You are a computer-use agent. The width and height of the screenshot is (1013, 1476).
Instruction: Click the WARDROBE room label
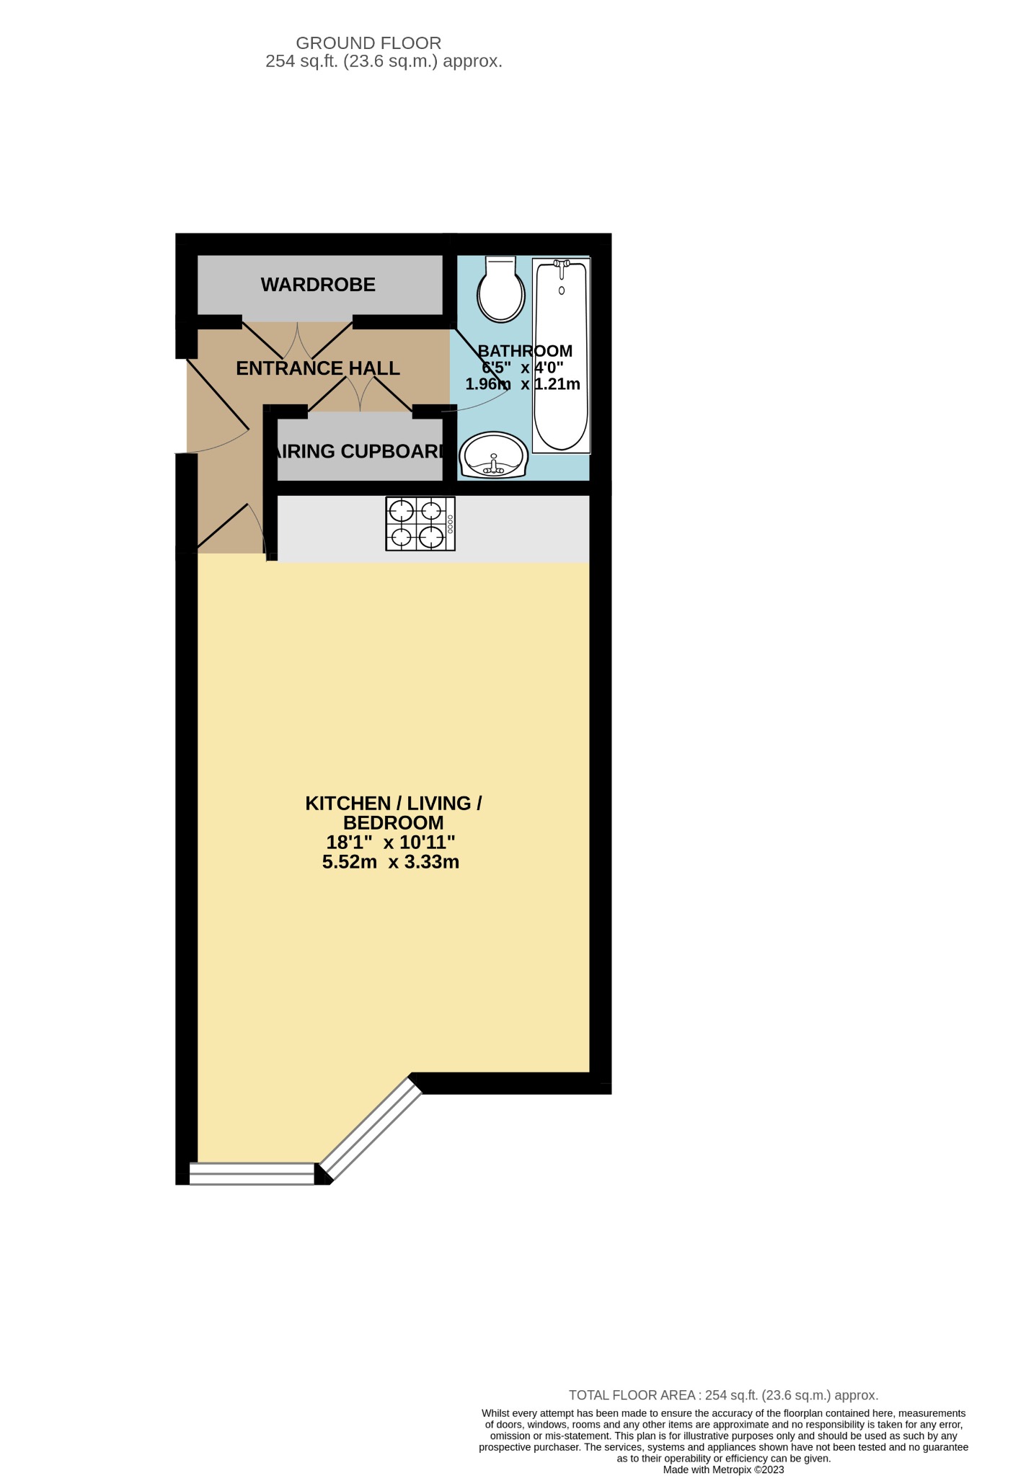[x=318, y=285]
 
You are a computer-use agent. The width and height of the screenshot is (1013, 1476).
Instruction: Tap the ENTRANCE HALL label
[x=317, y=368]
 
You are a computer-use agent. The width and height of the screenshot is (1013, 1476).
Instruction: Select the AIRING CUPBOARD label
[x=359, y=451]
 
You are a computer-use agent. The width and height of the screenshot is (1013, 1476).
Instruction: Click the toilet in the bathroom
[x=501, y=290]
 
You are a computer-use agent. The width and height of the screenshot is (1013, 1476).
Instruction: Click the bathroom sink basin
[x=494, y=455]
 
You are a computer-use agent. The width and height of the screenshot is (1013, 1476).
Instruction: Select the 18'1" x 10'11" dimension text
[x=391, y=842]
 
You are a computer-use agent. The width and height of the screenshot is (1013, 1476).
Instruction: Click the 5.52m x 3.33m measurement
[x=391, y=862]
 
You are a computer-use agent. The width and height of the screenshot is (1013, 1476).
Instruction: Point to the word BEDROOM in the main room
[x=393, y=822]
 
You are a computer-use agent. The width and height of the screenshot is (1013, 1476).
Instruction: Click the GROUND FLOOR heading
[x=368, y=43]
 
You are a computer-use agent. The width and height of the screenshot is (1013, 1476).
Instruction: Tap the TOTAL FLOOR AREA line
[x=723, y=1395]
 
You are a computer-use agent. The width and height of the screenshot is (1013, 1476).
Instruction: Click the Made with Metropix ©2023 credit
[x=723, y=1470]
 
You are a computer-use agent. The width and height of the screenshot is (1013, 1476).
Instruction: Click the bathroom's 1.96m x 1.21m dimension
[x=523, y=384]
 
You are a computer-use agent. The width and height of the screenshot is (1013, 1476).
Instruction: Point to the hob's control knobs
[x=451, y=524]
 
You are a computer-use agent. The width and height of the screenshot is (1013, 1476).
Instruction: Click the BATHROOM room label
[x=525, y=351]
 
